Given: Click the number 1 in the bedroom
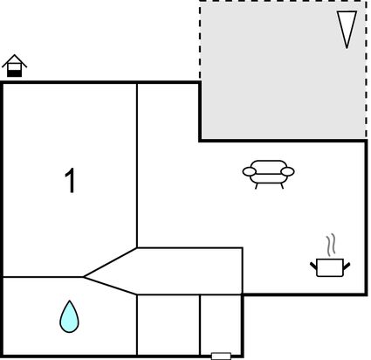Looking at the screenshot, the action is (71, 181).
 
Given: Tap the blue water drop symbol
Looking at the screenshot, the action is (69, 317).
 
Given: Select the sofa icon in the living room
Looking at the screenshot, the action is (268, 174).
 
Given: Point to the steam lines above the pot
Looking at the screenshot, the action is (331, 245).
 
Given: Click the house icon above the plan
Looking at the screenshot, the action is (15, 66).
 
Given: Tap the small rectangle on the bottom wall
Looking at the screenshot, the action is (221, 356).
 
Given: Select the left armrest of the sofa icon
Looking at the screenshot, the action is (250, 171).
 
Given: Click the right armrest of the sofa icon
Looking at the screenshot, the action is (288, 171).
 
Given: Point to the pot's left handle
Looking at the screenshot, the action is (313, 266).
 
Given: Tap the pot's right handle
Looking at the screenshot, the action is (347, 266).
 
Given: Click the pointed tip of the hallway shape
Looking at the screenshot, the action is (84, 277).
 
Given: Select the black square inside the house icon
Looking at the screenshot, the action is (15, 73).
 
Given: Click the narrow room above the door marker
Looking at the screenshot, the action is (221, 325).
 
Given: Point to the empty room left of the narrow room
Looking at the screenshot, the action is (168, 325).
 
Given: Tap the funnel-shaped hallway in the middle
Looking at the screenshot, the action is (175, 271).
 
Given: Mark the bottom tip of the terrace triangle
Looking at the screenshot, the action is (347, 48).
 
